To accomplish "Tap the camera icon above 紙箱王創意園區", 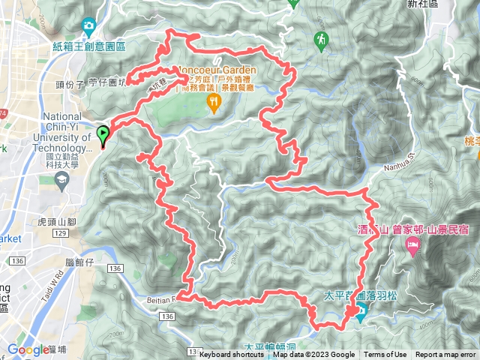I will tap(88, 26).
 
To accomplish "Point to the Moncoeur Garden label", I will tap(218, 69).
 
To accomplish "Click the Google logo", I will tap(28, 349).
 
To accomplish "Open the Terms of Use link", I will tap(386, 355).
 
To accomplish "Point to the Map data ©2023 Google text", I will tap(314, 355).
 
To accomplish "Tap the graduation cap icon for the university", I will tap(61, 178).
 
